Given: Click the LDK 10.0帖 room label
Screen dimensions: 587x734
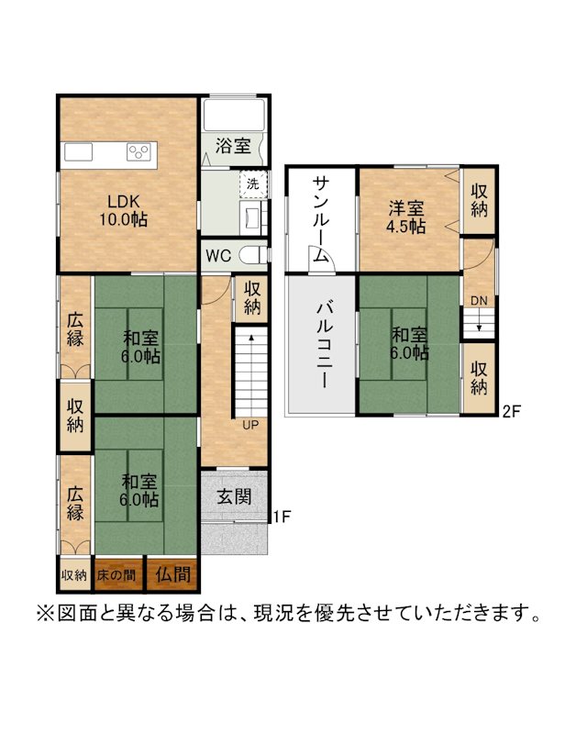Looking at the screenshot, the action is coord(124,211).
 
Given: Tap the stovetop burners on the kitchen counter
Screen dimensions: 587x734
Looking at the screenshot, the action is coord(139,151).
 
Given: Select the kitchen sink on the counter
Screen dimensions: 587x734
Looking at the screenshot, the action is coord(78,152).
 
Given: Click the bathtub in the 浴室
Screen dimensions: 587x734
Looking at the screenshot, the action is coord(235,115).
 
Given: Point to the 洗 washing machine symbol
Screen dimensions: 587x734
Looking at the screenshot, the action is coord(253,183).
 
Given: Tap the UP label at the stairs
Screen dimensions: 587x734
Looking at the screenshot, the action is coord(250,425).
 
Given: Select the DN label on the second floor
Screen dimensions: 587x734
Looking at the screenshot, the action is coord(479,301).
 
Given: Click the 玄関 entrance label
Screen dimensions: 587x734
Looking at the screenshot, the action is coord(234,496).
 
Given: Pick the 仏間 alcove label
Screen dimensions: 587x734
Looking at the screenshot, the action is coord(173,574).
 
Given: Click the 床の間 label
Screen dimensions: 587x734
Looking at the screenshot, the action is coord(116,575).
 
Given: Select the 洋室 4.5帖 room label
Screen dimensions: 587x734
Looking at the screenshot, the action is coord(405,217).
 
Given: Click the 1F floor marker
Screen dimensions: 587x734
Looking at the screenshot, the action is coord(282,517).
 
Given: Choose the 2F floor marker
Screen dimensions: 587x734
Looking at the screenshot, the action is coord(511,411).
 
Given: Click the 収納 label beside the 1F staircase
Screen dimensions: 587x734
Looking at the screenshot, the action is coord(252,297).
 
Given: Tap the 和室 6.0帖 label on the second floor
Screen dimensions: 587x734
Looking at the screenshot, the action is coord(410,343).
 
